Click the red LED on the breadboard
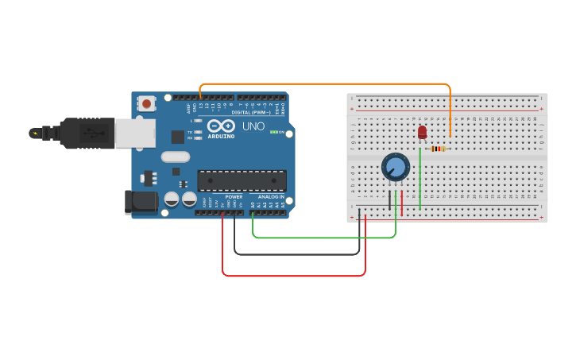422,131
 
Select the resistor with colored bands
438,149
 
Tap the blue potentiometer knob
395,167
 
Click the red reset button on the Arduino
147,103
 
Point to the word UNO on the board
253,126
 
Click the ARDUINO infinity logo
221,126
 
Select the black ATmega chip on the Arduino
242,180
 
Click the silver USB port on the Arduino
135,133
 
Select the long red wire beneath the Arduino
294,276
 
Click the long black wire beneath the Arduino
294,254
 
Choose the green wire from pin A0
318,237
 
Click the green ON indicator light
274,132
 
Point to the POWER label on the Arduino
234,196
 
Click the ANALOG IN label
270,196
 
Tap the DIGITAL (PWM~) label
247,112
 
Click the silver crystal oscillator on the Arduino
176,157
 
